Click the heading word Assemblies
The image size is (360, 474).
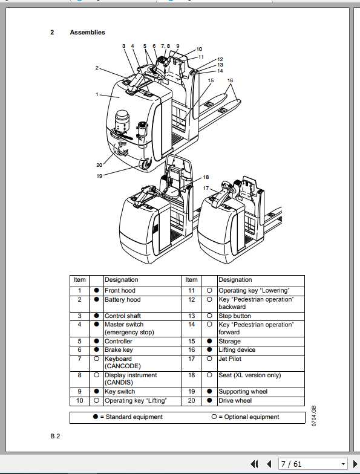tap(87, 33)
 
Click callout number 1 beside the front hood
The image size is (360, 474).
tap(97, 94)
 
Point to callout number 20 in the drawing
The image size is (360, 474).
tap(99, 165)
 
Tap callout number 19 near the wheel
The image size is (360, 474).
tap(99, 175)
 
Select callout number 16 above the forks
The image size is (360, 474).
tap(230, 80)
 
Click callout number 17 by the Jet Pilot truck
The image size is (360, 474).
tap(207, 188)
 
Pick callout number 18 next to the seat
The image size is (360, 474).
tap(206, 177)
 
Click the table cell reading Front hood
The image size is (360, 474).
tap(120, 291)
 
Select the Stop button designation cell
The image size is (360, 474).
tap(234, 316)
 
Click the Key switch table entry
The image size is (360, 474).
tap(120, 392)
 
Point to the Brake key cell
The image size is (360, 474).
tap(119, 350)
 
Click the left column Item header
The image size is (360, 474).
tap(80, 280)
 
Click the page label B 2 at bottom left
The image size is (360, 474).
tap(54, 436)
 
